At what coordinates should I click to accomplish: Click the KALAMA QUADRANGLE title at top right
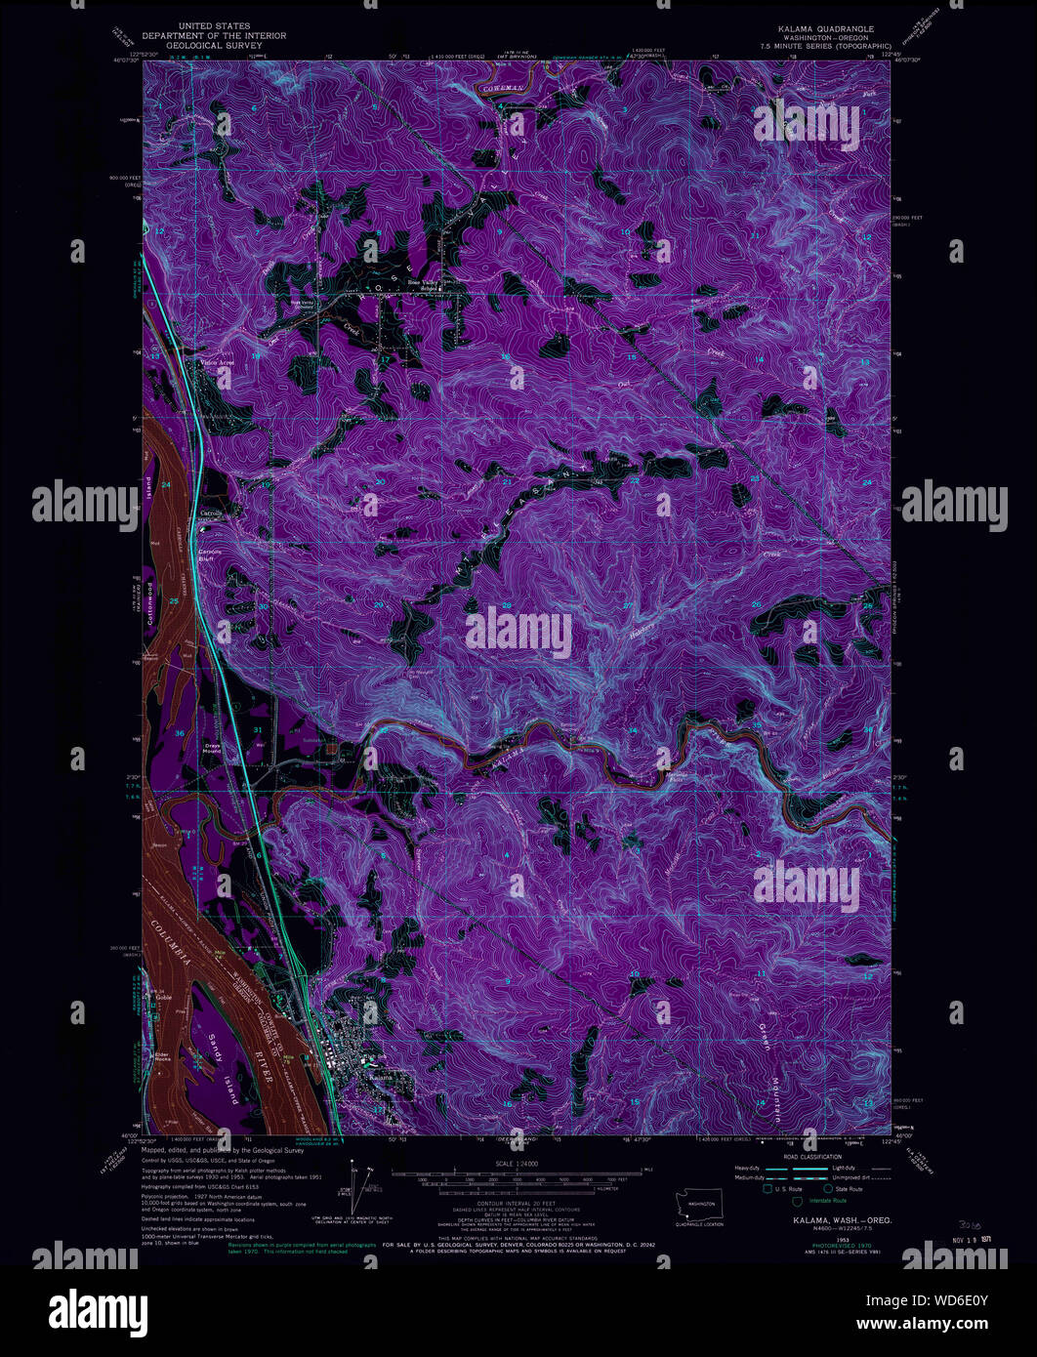[x=825, y=28]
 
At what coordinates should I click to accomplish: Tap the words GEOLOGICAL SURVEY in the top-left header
[x=214, y=44]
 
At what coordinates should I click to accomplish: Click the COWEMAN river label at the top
[x=502, y=89]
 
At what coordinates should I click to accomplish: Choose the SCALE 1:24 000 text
[x=518, y=1163]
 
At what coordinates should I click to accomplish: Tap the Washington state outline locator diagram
[x=695, y=1204]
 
